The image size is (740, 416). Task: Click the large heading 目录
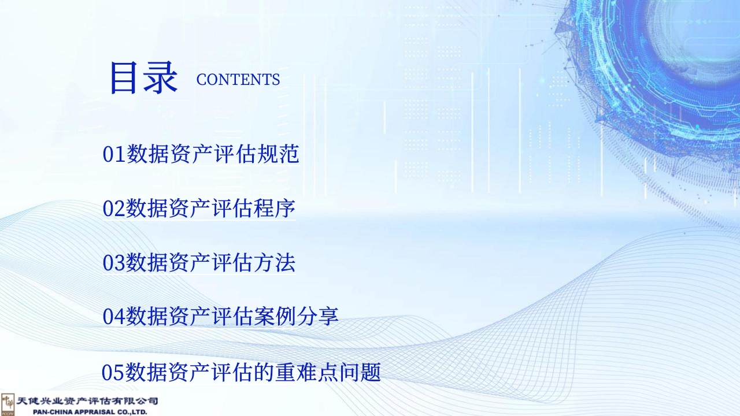pos(143,78)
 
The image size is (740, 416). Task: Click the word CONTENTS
pos(238,80)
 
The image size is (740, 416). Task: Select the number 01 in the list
pos(114,154)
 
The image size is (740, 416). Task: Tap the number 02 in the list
pos(114,209)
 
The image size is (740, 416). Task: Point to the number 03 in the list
pos(114,263)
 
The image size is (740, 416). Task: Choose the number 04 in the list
pos(114,316)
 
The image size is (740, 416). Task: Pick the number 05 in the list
pos(113,373)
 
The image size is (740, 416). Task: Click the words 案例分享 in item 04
pos(296,316)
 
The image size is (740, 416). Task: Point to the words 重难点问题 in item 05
pos(327,372)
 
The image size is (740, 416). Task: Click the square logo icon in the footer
pos(8,404)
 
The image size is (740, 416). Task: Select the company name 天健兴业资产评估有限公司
pos(87,401)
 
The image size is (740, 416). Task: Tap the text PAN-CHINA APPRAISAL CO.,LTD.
pos(90,412)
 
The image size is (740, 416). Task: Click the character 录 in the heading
pos(161,78)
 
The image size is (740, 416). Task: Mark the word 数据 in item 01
pos(147,154)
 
